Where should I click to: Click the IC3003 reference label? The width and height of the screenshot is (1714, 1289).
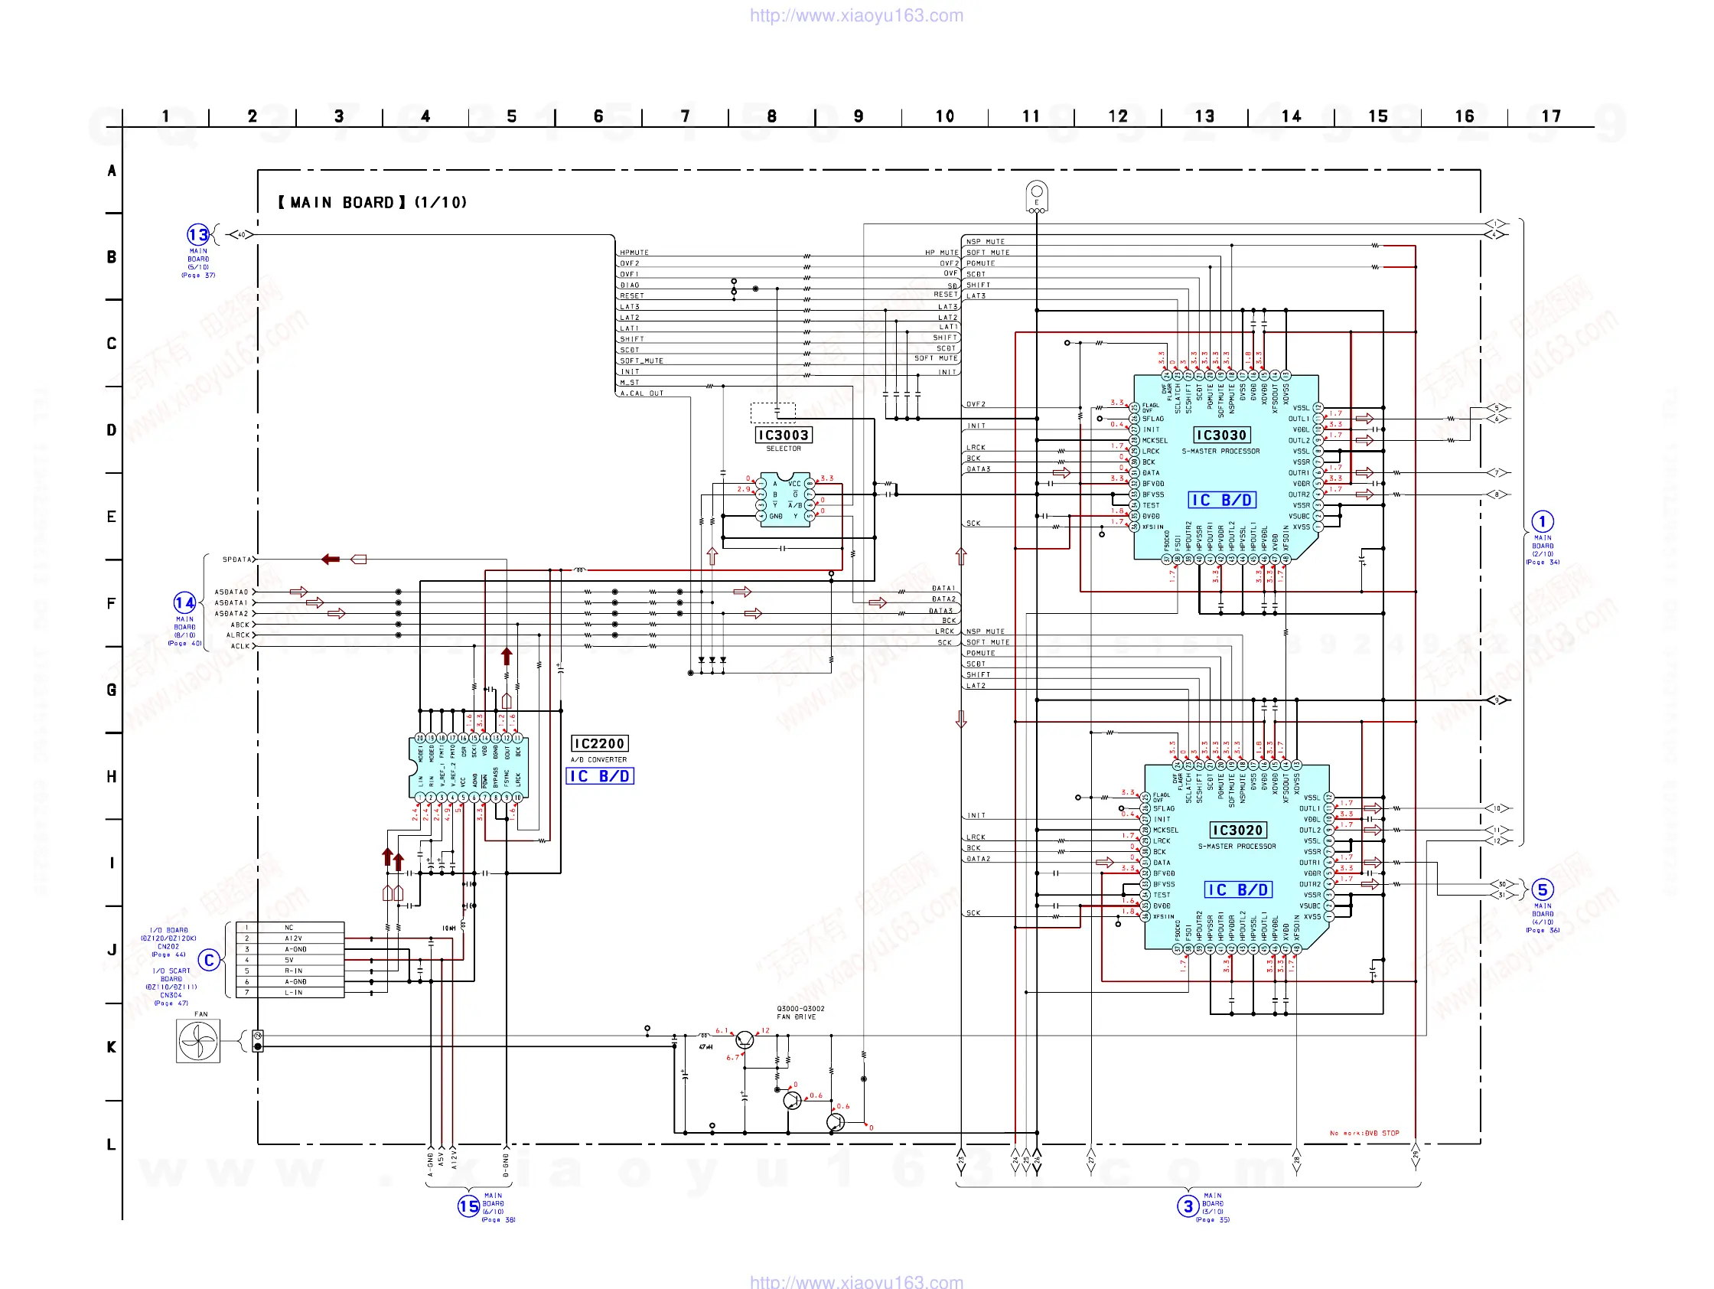(x=784, y=435)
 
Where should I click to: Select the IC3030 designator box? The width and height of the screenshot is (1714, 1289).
(x=1220, y=435)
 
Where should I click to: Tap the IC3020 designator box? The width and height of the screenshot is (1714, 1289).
(x=1237, y=831)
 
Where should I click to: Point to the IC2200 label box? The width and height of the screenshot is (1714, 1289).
(x=599, y=743)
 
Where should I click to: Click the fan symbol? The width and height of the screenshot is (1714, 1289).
(x=197, y=1040)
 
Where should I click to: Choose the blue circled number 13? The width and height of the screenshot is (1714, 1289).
(x=197, y=234)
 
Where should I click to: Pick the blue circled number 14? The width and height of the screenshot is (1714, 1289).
(x=184, y=602)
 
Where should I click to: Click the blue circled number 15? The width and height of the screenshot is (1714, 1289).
(x=469, y=1206)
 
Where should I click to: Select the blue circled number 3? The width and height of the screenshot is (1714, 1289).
(x=1188, y=1206)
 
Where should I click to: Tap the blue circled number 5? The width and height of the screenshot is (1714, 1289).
(x=1542, y=889)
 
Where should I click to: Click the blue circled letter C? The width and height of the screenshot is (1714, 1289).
(x=208, y=961)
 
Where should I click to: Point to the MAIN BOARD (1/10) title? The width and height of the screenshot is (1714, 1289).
(x=373, y=202)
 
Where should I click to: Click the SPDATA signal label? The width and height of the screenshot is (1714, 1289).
(x=237, y=560)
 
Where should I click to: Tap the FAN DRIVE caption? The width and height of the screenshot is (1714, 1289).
(x=796, y=1017)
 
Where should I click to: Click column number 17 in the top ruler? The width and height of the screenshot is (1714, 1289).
(x=1550, y=116)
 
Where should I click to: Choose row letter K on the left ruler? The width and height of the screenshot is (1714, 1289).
(x=112, y=1047)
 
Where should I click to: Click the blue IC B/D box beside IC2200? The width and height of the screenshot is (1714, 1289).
(x=601, y=776)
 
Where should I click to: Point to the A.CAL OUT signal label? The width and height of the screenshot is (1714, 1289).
(x=641, y=393)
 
